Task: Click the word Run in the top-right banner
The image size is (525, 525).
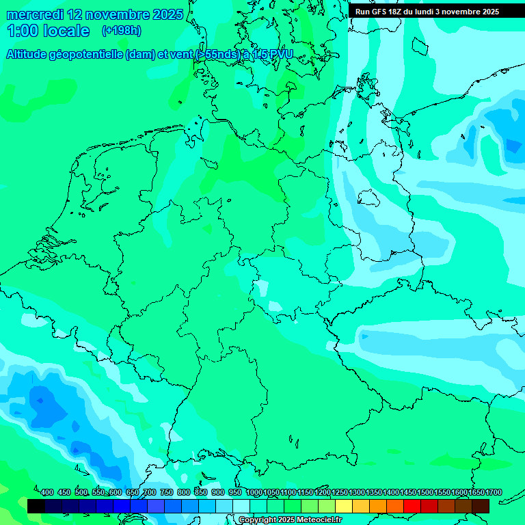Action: click(x=363, y=12)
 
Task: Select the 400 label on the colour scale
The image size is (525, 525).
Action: click(x=47, y=492)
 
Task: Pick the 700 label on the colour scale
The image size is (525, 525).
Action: click(x=149, y=492)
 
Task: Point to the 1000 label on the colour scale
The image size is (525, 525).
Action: click(x=254, y=492)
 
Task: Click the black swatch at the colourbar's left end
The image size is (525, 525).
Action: click(x=36, y=506)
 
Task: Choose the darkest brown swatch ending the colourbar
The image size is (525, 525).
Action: click(x=481, y=506)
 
